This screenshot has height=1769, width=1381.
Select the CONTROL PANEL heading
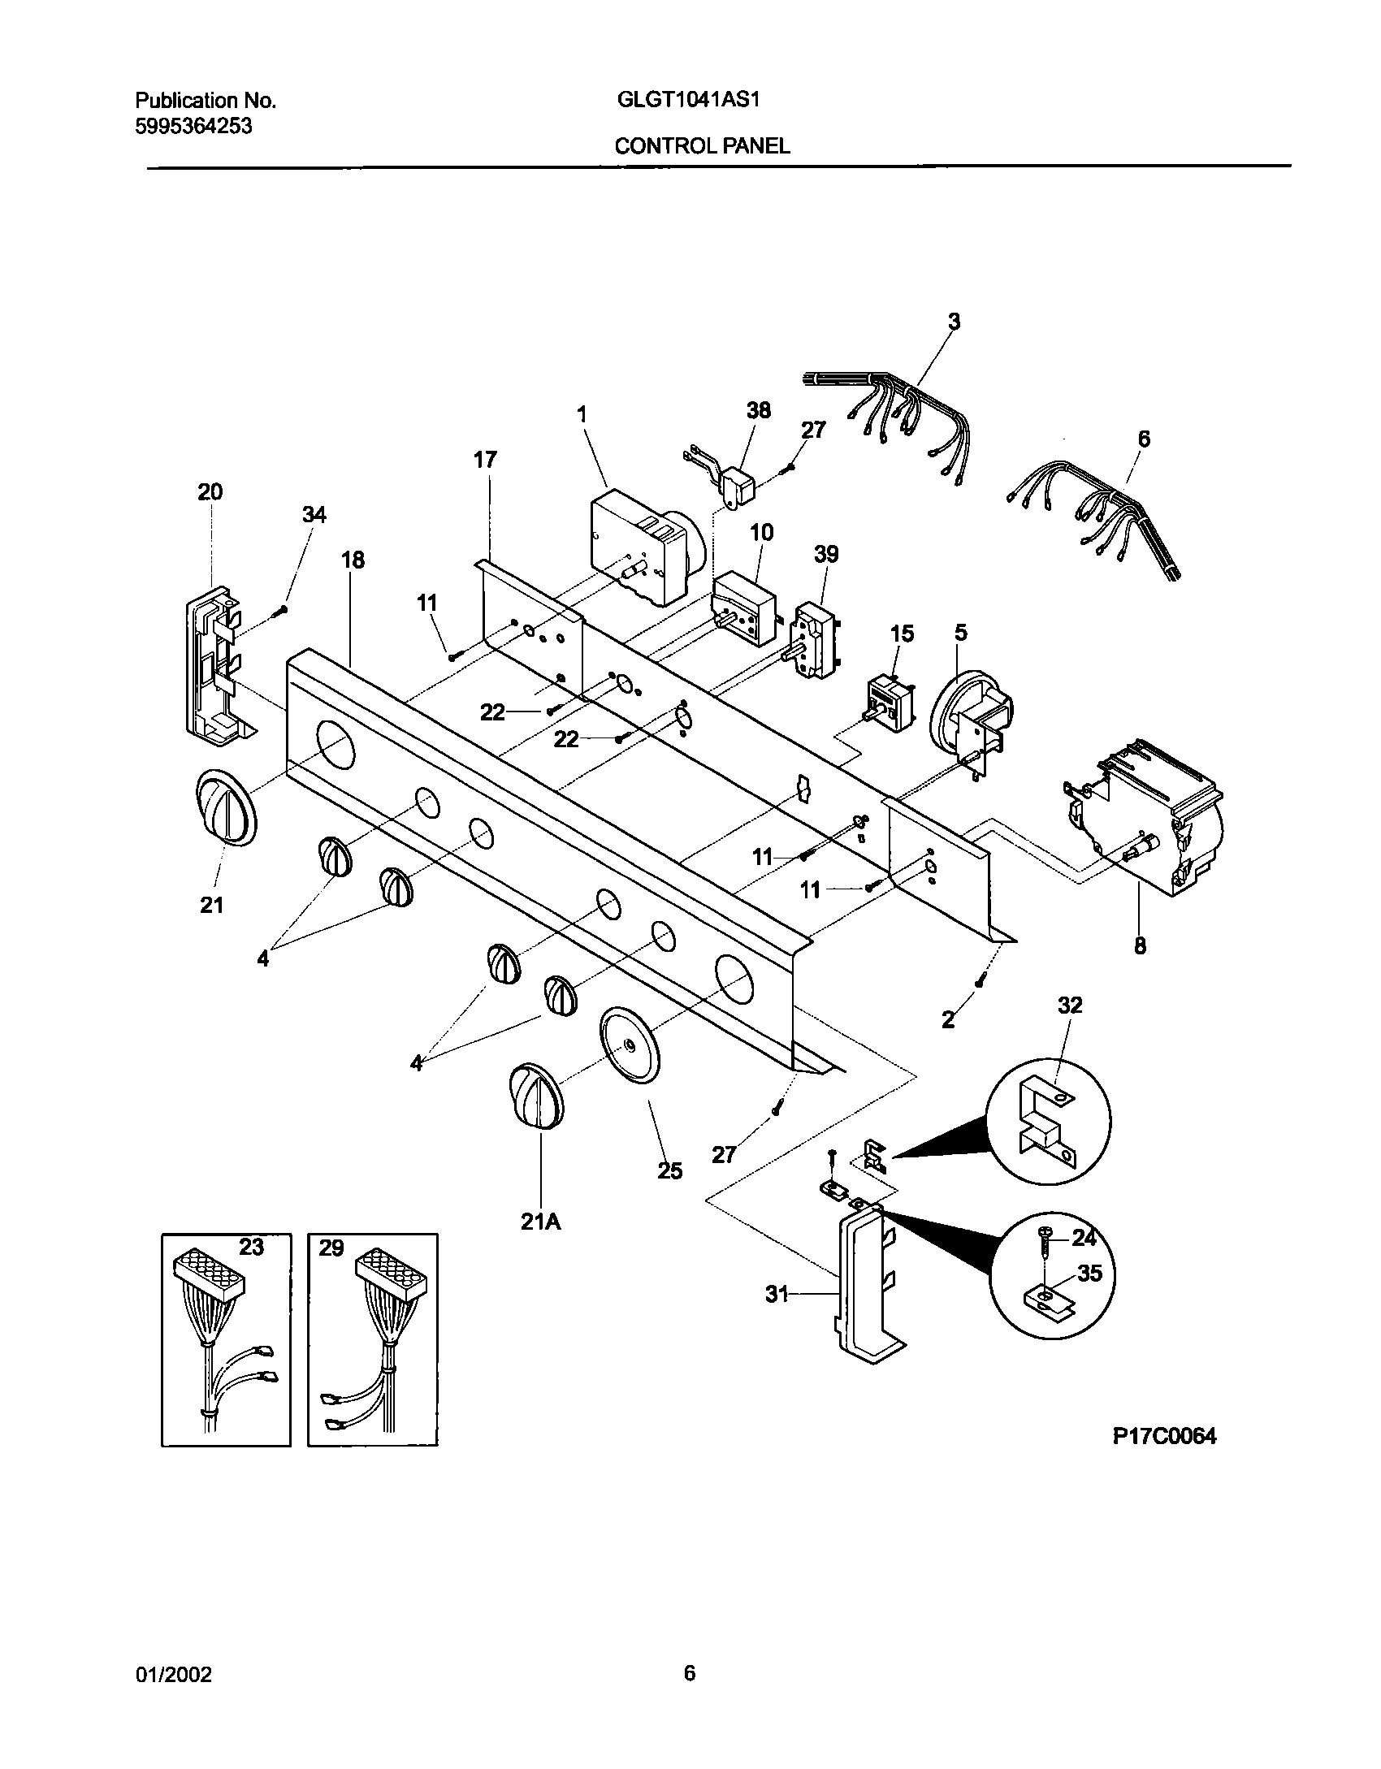[702, 146]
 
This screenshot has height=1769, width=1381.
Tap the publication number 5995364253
[193, 126]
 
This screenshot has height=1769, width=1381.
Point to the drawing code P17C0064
[1164, 1436]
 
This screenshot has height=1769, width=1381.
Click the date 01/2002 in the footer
[173, 1674]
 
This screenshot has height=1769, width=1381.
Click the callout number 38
[758, 410]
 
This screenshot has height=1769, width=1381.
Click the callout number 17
[485, 461]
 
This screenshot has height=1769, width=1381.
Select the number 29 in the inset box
[331, 1248]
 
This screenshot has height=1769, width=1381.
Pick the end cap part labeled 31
[861, 1291]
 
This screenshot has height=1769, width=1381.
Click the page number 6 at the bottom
[689, 1673]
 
